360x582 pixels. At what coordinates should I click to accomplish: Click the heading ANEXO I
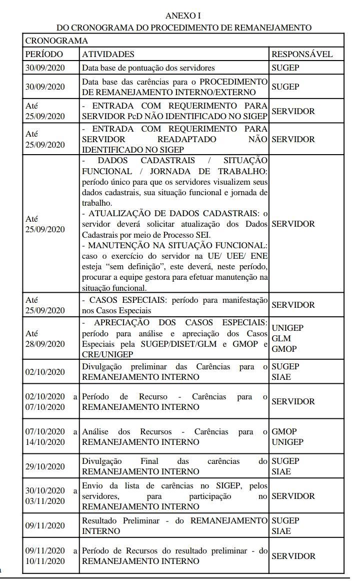coord(183,16)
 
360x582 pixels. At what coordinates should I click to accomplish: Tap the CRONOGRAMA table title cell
coord(56,41)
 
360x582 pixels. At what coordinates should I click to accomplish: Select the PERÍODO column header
coord(44,54)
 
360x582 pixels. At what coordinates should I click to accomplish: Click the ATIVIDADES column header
coord(108,54)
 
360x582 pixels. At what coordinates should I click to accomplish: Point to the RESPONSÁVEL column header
coord(301,54)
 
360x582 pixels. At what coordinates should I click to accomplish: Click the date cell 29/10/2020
coord(45,466)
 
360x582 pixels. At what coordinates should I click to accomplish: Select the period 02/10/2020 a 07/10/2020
coord(50,402)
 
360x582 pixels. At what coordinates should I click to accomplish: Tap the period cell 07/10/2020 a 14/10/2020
coord(50,437)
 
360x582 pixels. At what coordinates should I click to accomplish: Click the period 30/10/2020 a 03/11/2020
coord(50,496)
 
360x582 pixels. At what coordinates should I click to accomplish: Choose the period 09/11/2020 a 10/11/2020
coord(50,556)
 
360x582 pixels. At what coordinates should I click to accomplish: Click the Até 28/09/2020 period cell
coord(45,338)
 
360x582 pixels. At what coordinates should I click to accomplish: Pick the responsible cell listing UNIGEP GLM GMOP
coord(287,338)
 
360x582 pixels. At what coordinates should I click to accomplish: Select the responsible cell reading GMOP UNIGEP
coord(287,437)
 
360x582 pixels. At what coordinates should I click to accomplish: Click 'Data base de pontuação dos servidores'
coord(148,68)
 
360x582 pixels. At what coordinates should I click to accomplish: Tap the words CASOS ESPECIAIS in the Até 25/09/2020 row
coord(125,300)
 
